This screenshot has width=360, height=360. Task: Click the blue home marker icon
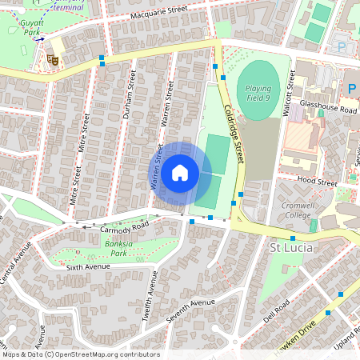(x=180, y=173)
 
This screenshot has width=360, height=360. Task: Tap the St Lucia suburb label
(x=290, y=248)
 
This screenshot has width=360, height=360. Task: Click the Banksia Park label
(x=118, y=247)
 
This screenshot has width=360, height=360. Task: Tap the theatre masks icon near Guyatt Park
(x=53, y=58)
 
